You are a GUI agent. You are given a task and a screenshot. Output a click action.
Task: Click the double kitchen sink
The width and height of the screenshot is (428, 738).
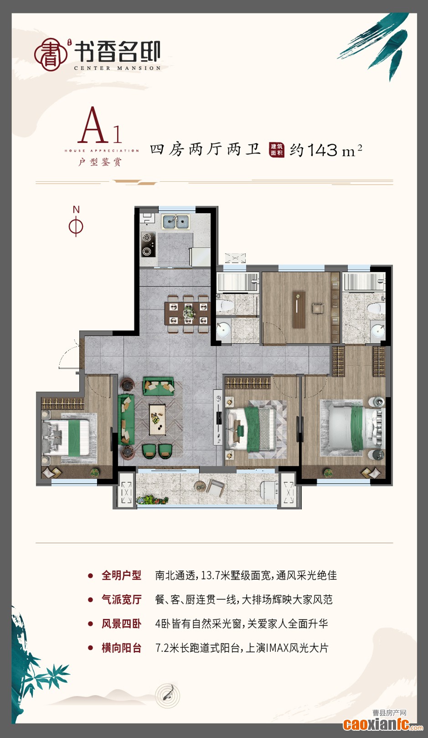click(x=175, y=222)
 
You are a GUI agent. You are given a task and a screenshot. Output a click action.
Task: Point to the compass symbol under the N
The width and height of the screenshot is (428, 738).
click(x=76, y=226)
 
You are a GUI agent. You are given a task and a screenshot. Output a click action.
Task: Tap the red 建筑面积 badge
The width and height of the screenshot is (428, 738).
click(x=277, y=150)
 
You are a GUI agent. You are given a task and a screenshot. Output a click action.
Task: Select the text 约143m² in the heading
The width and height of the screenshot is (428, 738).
click(x=326, y=150)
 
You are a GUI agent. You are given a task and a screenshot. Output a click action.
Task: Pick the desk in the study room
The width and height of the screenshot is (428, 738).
click(x=299, y=310)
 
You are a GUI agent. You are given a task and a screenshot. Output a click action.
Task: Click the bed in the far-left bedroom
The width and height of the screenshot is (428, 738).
click(x=66, y=437)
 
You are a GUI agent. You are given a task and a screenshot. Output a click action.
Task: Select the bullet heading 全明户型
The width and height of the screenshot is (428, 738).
click(x=121, y=575)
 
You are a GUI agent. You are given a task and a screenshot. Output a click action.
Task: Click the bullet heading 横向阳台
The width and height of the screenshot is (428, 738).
click(x=121, y=648)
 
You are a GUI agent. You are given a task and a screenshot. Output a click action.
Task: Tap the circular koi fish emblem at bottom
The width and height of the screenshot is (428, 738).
click(x=168, y=696)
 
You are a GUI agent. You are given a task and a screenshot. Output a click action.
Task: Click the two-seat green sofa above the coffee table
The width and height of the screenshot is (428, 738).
click(x=158, y=386)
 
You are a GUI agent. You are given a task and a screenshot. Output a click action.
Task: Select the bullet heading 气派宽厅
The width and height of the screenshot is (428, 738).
click(x=121, y=599)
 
